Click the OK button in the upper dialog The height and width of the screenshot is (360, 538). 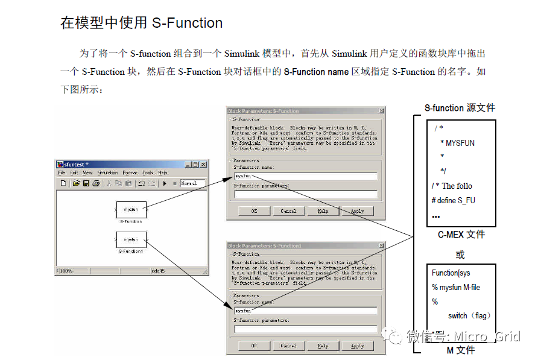coord(254,211)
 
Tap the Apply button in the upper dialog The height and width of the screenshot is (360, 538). coord(357,211)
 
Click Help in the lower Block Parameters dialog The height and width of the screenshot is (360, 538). coord(323,346)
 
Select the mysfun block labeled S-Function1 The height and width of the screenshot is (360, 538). coord(131,239)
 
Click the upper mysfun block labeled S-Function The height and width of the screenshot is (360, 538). coord(131,209)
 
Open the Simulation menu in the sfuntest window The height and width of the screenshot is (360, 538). coord(107,172)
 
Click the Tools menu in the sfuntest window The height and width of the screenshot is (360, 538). coord(148,172)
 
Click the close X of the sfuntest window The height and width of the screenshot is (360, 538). coord(203,164)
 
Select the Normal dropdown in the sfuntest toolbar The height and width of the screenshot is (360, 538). coord(192,183)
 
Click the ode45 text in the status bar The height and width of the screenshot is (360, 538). coord(158,271)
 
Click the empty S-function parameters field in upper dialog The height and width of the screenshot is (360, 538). coord(306,194)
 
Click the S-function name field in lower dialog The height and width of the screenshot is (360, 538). coord(306,311)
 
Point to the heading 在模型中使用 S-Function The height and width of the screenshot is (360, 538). coord(142,23)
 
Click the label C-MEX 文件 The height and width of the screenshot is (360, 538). coord(461,234)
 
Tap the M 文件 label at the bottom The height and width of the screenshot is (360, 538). coord(461,350)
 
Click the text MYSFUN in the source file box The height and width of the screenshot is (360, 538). coord(460,143)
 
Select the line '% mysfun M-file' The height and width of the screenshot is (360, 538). coord(456,288)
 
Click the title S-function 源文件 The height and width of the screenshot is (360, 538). coord(460,108)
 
